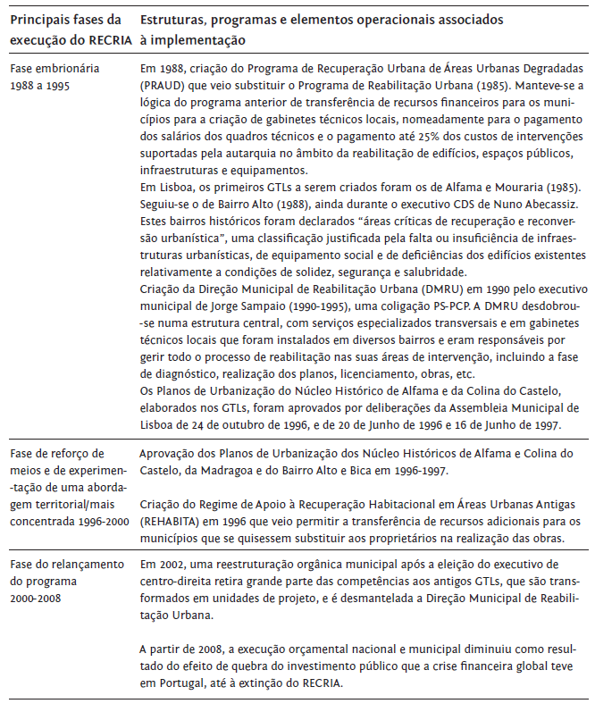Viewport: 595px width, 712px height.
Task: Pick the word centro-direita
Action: [x=177, y=581]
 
